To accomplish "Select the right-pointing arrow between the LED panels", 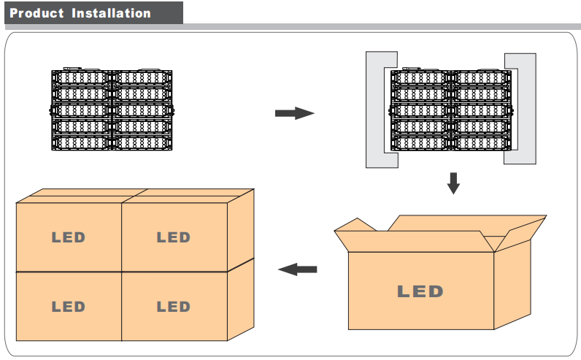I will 294,113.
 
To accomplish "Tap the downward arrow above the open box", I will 453,183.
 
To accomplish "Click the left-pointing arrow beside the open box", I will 298,269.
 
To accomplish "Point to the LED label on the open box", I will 420,291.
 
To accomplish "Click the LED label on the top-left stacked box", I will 68,237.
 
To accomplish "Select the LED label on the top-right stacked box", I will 173,237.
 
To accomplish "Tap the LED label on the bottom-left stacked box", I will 68,307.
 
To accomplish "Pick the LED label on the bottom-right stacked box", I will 173,307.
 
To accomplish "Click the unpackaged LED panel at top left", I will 114,110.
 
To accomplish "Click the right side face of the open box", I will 511,285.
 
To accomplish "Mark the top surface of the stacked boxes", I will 135,196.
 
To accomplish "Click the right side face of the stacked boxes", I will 241,263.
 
